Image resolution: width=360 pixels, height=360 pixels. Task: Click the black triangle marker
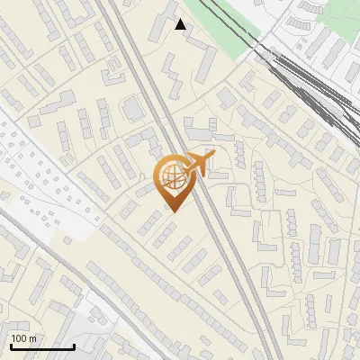click(x=181, y=24)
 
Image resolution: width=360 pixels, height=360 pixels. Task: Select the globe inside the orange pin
click(x=171, y=178)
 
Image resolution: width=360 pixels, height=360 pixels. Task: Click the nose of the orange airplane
click(x=214, y=157)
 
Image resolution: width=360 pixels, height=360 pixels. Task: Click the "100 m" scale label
click(x=23, y=338)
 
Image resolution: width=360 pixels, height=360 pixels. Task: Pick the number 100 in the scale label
click(x=19, y=338)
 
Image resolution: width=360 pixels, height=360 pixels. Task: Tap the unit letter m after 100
click(x=32, y=338)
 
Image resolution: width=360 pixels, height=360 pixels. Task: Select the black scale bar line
click(x=41, y=346)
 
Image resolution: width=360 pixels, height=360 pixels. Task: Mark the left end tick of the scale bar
click(x=10, y=345)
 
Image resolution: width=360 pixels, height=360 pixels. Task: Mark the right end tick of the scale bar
click(x=74, y=345)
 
